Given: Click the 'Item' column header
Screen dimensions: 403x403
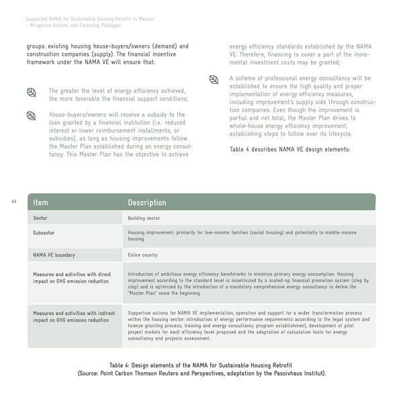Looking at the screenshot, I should (x=40, y=202).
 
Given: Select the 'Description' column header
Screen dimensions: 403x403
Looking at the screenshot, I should (x=147, y=202).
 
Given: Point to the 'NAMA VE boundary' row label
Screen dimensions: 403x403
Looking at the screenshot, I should (x=54, y=255).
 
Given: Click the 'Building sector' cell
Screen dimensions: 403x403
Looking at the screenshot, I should (x=144, y=218).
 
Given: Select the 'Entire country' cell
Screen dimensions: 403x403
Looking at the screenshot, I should (x=144, y=255).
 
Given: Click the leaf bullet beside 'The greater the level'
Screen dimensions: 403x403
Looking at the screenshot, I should (x=31, y=91).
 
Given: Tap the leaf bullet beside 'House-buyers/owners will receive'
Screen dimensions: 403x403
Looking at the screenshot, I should (x=31, y=116).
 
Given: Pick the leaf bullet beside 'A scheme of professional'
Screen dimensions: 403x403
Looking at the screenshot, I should (x=214, y=79).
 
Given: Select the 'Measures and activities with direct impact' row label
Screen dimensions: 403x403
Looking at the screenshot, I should (x=72, y=277).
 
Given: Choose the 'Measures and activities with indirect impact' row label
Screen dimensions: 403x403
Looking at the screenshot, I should (x=72, y=316).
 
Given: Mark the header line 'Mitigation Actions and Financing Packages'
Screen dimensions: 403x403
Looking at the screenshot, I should (x=75, y=26).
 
